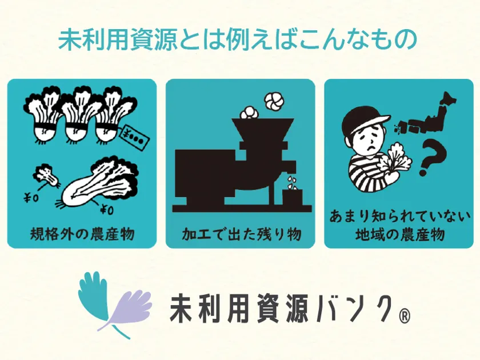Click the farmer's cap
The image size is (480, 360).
[x=365, y=119]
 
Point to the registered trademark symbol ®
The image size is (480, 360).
[x=405, y=317]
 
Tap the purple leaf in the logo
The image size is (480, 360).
[x=126, y=309]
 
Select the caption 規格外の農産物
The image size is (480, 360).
[x=82, y=234]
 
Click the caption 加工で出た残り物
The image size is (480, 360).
[x=241, y=234]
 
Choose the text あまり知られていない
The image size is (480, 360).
[x=399, y=217]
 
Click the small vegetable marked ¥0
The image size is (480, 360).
[x=46, y=175]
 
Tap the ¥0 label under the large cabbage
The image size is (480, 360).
[x=107, y=210]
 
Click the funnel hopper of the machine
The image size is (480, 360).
[x=262, y=130]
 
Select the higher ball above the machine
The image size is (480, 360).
[x=274, y=102]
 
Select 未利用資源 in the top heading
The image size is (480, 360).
[x=118, y=40]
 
